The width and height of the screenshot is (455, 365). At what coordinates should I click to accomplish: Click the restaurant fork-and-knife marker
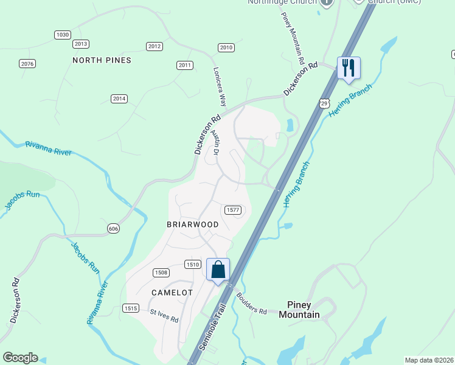(349, 68)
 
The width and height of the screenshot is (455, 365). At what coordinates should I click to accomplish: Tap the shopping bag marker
(218, 269)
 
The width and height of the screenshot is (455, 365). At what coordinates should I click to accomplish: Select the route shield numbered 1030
(63, 35)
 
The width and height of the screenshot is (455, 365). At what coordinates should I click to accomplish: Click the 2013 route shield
(81, 44)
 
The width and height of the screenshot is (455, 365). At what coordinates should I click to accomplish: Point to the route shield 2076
(27, 63)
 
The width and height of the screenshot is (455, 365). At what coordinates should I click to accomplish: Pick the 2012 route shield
(155, 46)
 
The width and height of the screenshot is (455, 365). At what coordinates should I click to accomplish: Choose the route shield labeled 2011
(185, 65)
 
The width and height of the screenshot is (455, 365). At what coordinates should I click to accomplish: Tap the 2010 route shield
(226, 47)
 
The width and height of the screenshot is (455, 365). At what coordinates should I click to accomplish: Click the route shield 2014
(119, 99)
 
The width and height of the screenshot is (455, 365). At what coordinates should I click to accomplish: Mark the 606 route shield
(113, 228)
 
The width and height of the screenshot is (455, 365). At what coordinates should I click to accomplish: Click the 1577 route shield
(234, 210)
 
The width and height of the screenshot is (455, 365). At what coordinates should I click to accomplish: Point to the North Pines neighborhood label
(102, 60)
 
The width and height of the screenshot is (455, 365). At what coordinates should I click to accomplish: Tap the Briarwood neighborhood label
(192, 224)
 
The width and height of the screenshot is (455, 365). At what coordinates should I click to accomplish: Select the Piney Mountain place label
(299, 310)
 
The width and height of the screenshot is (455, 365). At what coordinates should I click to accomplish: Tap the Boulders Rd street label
(251, 304)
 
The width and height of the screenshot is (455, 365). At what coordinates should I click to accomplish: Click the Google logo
(20, 358)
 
